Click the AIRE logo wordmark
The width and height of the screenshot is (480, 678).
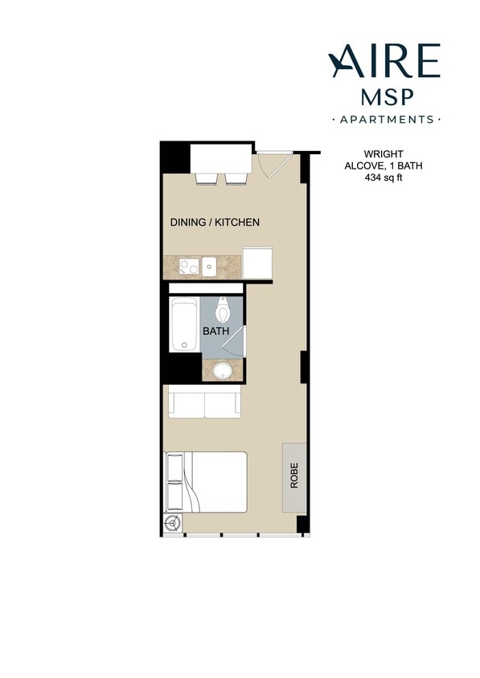click(x=384, y=62)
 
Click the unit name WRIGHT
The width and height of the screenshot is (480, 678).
click(x=383, y=153)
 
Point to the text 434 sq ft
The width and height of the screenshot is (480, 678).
click(x=383, y=178)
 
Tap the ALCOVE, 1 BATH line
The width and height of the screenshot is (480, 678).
click(x=383, y=165)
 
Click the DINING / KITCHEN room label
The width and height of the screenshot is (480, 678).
click(x=214, y=223)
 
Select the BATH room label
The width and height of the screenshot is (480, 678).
click(x=215, y=331)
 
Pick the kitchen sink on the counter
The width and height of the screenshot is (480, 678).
click(x=208, y=266)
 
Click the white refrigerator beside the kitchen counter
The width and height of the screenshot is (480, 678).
click(x=257, y=263)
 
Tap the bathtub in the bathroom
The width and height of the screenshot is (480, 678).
click(x=184, y=325)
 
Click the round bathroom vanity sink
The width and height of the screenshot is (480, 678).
click(x=222, y=370)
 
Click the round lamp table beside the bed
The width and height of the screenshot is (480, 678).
click(x=171, y=525)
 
